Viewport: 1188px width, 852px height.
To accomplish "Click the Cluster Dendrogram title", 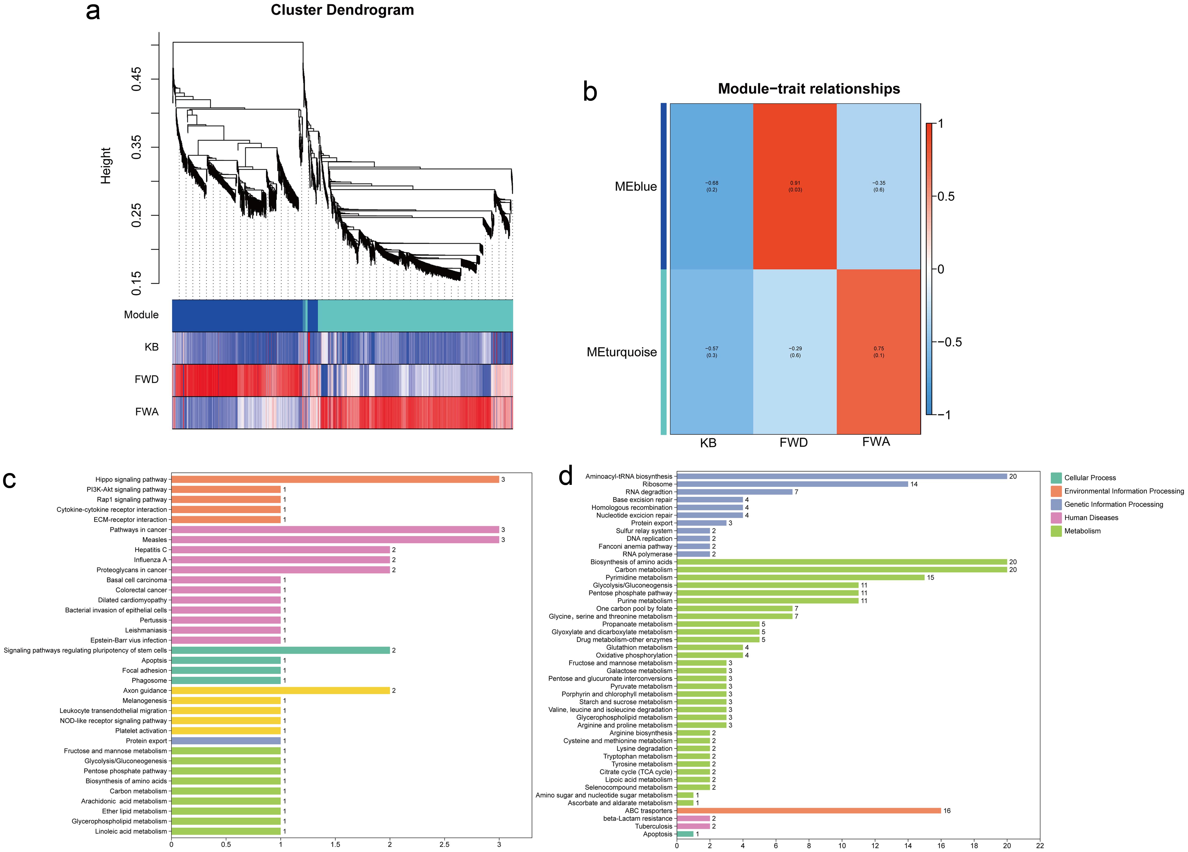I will [342, 10].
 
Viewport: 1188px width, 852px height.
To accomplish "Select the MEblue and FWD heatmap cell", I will [795, 186].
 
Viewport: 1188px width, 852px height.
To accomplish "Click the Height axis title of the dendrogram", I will [106, 165].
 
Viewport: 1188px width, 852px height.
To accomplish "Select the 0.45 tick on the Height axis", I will [136, 79].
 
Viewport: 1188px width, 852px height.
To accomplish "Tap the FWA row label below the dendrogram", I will [147, 412].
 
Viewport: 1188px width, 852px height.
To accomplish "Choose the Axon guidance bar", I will [280, 690].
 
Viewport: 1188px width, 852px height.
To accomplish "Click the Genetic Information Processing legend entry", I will [1113, 504].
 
